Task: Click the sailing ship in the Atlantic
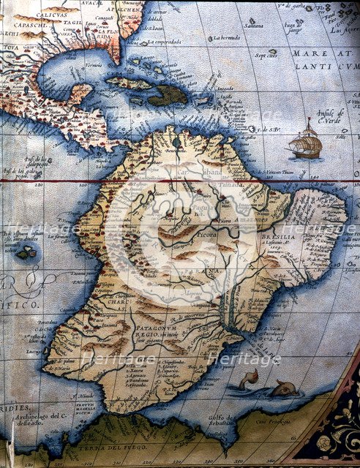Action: [x=306, y=142]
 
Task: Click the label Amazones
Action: [x=252, y=219]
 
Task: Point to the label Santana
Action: [x=254, y=25]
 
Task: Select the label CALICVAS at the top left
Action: [x=40, y=14]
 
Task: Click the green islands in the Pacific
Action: [x=26, y=254]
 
